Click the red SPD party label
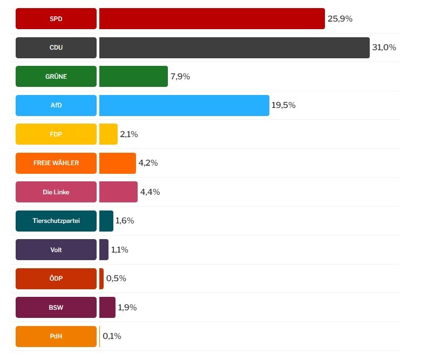click(x=56, y=19)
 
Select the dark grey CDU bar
click(x=234, y=47)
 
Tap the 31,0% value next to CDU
click(x=384, y=47)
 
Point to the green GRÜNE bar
click(x=133, y=77)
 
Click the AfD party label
click(x=56, y=105)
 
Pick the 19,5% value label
click(x=283, y=105)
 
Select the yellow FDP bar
click(x=108, y=134)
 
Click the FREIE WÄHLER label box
click(x=56, y=163)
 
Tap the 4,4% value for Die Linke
click(x=150, y=192)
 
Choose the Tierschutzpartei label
click(x=56, y=221)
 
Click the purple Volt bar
click(x=104, y=250)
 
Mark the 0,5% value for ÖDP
click(x=116, y=279)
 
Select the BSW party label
click(x=56, y=308)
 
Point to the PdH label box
click(x=56, y=336)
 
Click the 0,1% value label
click(x=112, y=336)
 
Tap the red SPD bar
click(x=212, y=19)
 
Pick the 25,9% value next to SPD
click(x=340, y=19)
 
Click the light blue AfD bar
click(x=184, y=105)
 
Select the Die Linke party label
click(x=56, y=192)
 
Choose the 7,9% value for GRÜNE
click(x=180, y=77)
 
